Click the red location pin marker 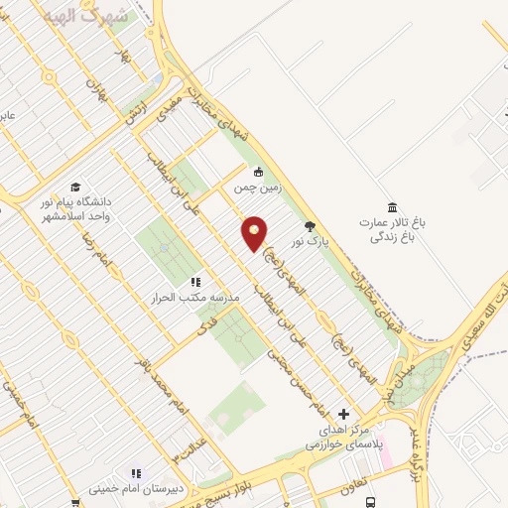click(x=255, y=232)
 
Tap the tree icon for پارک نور click(x=310, y=225)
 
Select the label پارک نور click(x=309, y=241)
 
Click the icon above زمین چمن click(x=258, y=171)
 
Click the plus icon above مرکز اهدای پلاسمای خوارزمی click(x=344, y=413)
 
